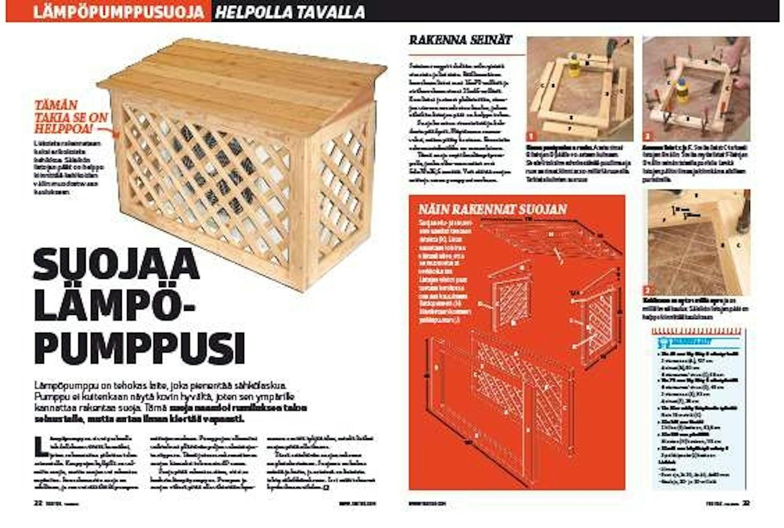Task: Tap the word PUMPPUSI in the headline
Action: click(x=139, y=348)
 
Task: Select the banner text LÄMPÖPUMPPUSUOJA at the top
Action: click(x=118, y=11)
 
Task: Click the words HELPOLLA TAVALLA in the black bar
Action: click(x=290, y=11)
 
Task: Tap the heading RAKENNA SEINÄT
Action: click(x=459, y=40)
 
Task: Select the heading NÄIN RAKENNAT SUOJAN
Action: click(x=492, y=209)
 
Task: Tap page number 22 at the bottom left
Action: click(x=38, y=504)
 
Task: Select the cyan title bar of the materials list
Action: click(x=697, y=342)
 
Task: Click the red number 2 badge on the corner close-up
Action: click(x=648, y=290)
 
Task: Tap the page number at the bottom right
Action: click(x=746, y=504)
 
